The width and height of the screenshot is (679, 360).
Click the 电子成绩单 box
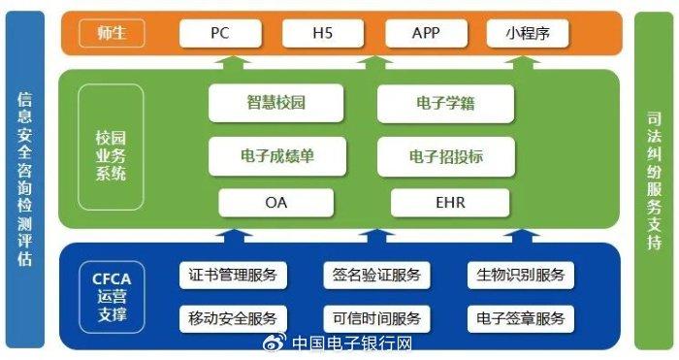pyautogui.click(x=276, y=154)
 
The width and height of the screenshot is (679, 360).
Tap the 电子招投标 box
pyautogui.click(x=445, y=154)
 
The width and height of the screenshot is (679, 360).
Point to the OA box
pyautogui.click(x=276, y=203)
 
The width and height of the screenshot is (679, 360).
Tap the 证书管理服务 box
pyautogui.click(x=233, y=275)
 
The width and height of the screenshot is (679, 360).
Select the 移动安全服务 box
pyautogui.click(x=233, y=318)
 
